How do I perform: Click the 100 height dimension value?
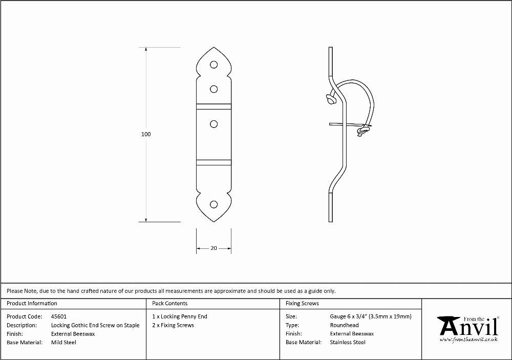point(146,134)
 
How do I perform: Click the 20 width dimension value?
point(214,248)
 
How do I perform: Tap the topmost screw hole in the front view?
point(214,65)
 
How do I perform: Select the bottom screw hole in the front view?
point(214,204)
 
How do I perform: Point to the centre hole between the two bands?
point(214,124)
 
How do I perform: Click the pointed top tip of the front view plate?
point(214,47)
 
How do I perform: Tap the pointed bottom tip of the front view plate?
point(214,222)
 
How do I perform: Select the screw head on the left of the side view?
point(330,99)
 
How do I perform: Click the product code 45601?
point(59,316)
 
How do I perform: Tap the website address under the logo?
point(469,340)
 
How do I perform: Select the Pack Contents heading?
point(170,304)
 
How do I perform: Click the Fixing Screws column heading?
point(302,304)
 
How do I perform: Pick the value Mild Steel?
point(63,343)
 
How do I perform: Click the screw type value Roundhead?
point(344,325)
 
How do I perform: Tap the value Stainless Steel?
point(348,343)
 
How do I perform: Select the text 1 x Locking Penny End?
point(180,316)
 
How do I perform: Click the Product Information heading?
point(32,304)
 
